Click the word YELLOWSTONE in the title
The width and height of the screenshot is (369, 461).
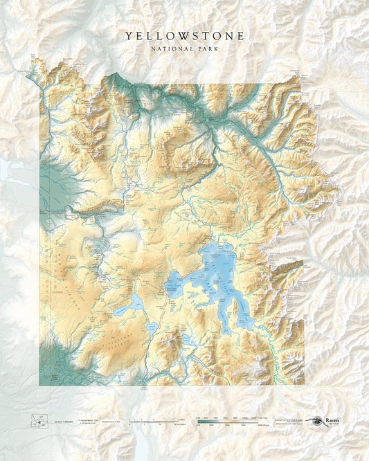pos(184,35)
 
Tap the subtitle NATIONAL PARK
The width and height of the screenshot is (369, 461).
pos(184,48)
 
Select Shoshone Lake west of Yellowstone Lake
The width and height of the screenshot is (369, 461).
pos(132,303)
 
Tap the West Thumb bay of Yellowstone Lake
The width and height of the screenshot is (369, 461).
pos(176,284)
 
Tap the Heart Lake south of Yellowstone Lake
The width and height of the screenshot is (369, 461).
pos(187,338)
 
